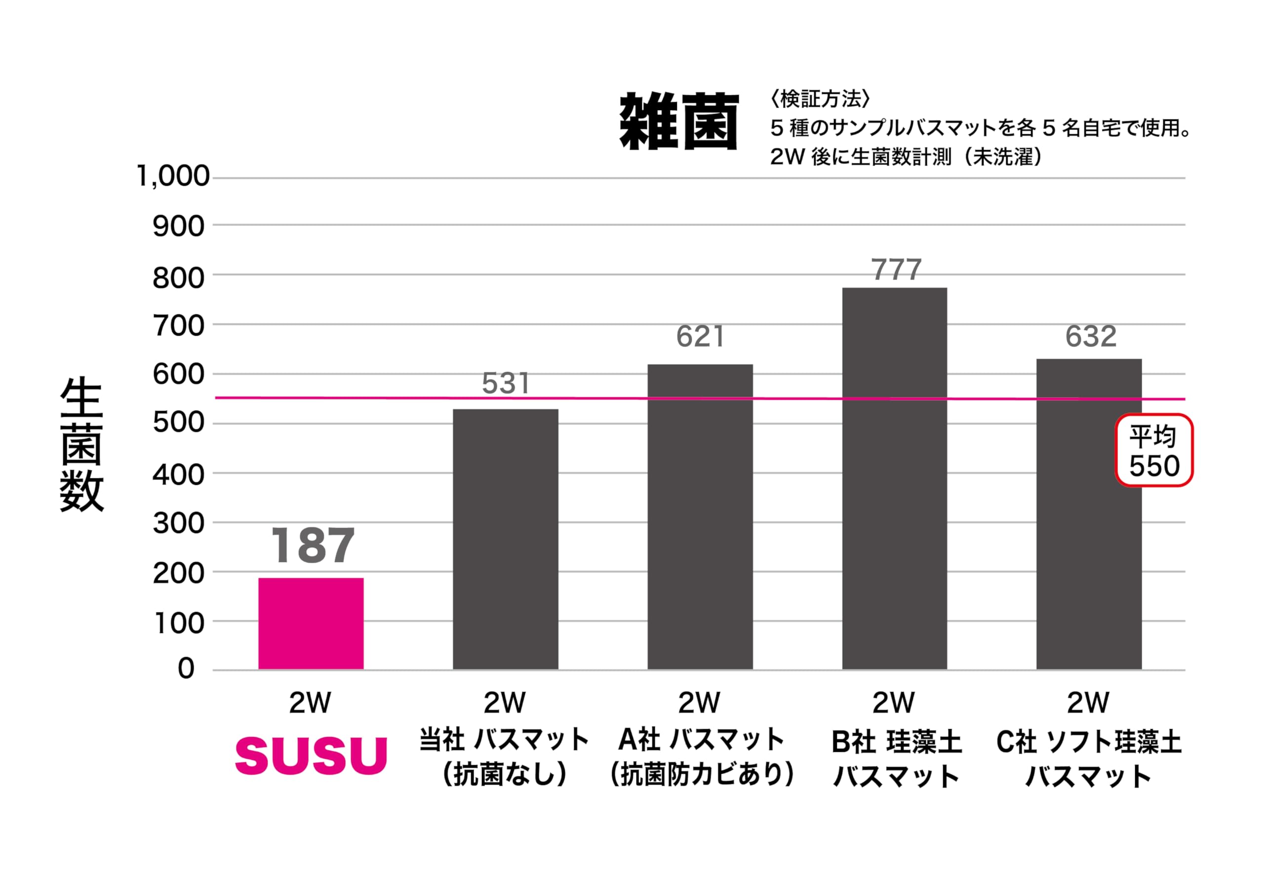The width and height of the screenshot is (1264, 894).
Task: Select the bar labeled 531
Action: click(506, 540)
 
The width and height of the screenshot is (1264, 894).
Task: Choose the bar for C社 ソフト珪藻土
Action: click(1089, 514)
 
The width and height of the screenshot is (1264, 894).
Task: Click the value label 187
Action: click(313, 545)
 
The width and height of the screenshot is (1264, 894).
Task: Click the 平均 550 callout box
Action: click(1154, 450)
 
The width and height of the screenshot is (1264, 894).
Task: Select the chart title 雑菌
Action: click(679, 121)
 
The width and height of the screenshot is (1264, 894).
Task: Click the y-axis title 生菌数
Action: click(81, 445)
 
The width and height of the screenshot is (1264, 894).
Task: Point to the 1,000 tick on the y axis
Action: click(172, 177)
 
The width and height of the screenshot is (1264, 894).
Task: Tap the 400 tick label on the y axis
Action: click(178, 474)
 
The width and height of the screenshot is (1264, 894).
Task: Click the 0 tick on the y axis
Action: click(186, 669)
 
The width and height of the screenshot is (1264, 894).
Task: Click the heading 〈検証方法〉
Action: click(820, 99)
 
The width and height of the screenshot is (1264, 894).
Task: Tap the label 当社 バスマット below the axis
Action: click(504, 739)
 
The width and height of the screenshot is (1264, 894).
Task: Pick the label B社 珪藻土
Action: click(896, 741)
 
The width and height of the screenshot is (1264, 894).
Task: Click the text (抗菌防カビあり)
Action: click(703, 775)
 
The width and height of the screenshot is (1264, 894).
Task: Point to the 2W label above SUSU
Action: click(311, 702)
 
